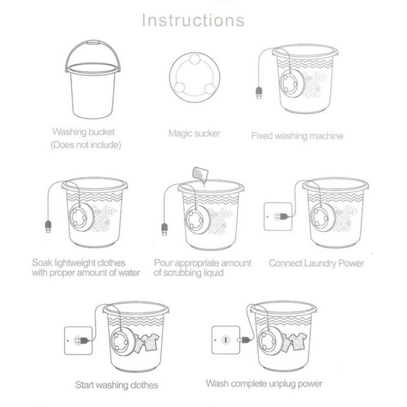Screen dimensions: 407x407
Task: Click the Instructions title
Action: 193,20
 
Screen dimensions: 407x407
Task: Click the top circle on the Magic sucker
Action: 195,60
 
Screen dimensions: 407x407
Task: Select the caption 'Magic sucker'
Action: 194,133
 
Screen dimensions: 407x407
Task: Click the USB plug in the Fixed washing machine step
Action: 259,93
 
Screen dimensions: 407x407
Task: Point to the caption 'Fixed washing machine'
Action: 297,136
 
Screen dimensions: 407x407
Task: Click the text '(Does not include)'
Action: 86,145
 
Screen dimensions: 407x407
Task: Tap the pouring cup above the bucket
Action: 200,173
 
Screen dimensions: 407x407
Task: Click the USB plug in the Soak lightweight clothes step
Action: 48,226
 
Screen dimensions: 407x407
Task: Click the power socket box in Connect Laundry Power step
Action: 278,216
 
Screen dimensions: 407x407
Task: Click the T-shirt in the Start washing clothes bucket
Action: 151,341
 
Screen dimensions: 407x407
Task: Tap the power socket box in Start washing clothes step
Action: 78,340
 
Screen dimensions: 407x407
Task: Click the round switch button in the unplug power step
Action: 226,340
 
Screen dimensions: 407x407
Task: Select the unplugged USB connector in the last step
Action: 244,339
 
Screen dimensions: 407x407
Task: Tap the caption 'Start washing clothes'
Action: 117,385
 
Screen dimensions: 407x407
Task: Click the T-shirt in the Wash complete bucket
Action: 298,341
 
